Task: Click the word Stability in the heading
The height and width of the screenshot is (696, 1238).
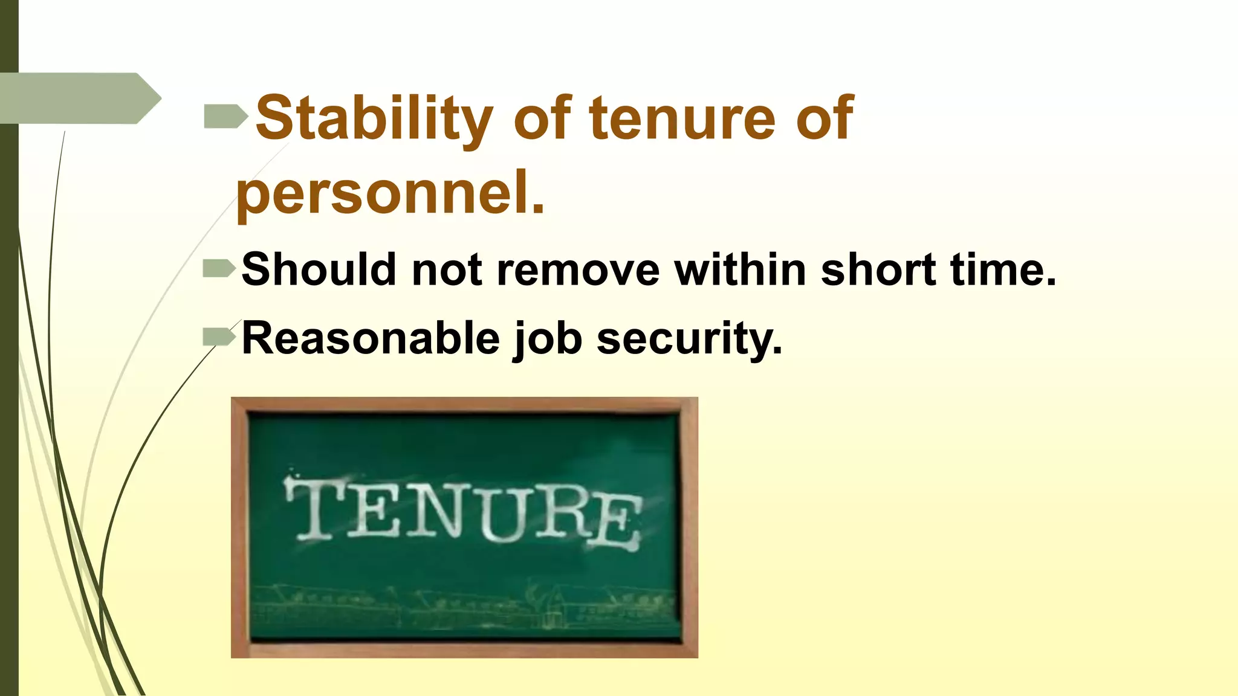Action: click(374, 118)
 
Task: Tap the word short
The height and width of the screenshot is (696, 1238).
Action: click(878, 269)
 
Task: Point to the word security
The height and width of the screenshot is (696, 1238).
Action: click(689, 338)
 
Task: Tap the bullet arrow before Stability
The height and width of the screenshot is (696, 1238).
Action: click(225, 116)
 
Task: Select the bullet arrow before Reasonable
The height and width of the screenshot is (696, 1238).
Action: click(218, 337)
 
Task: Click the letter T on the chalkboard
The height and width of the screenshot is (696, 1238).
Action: click(314, 507)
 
